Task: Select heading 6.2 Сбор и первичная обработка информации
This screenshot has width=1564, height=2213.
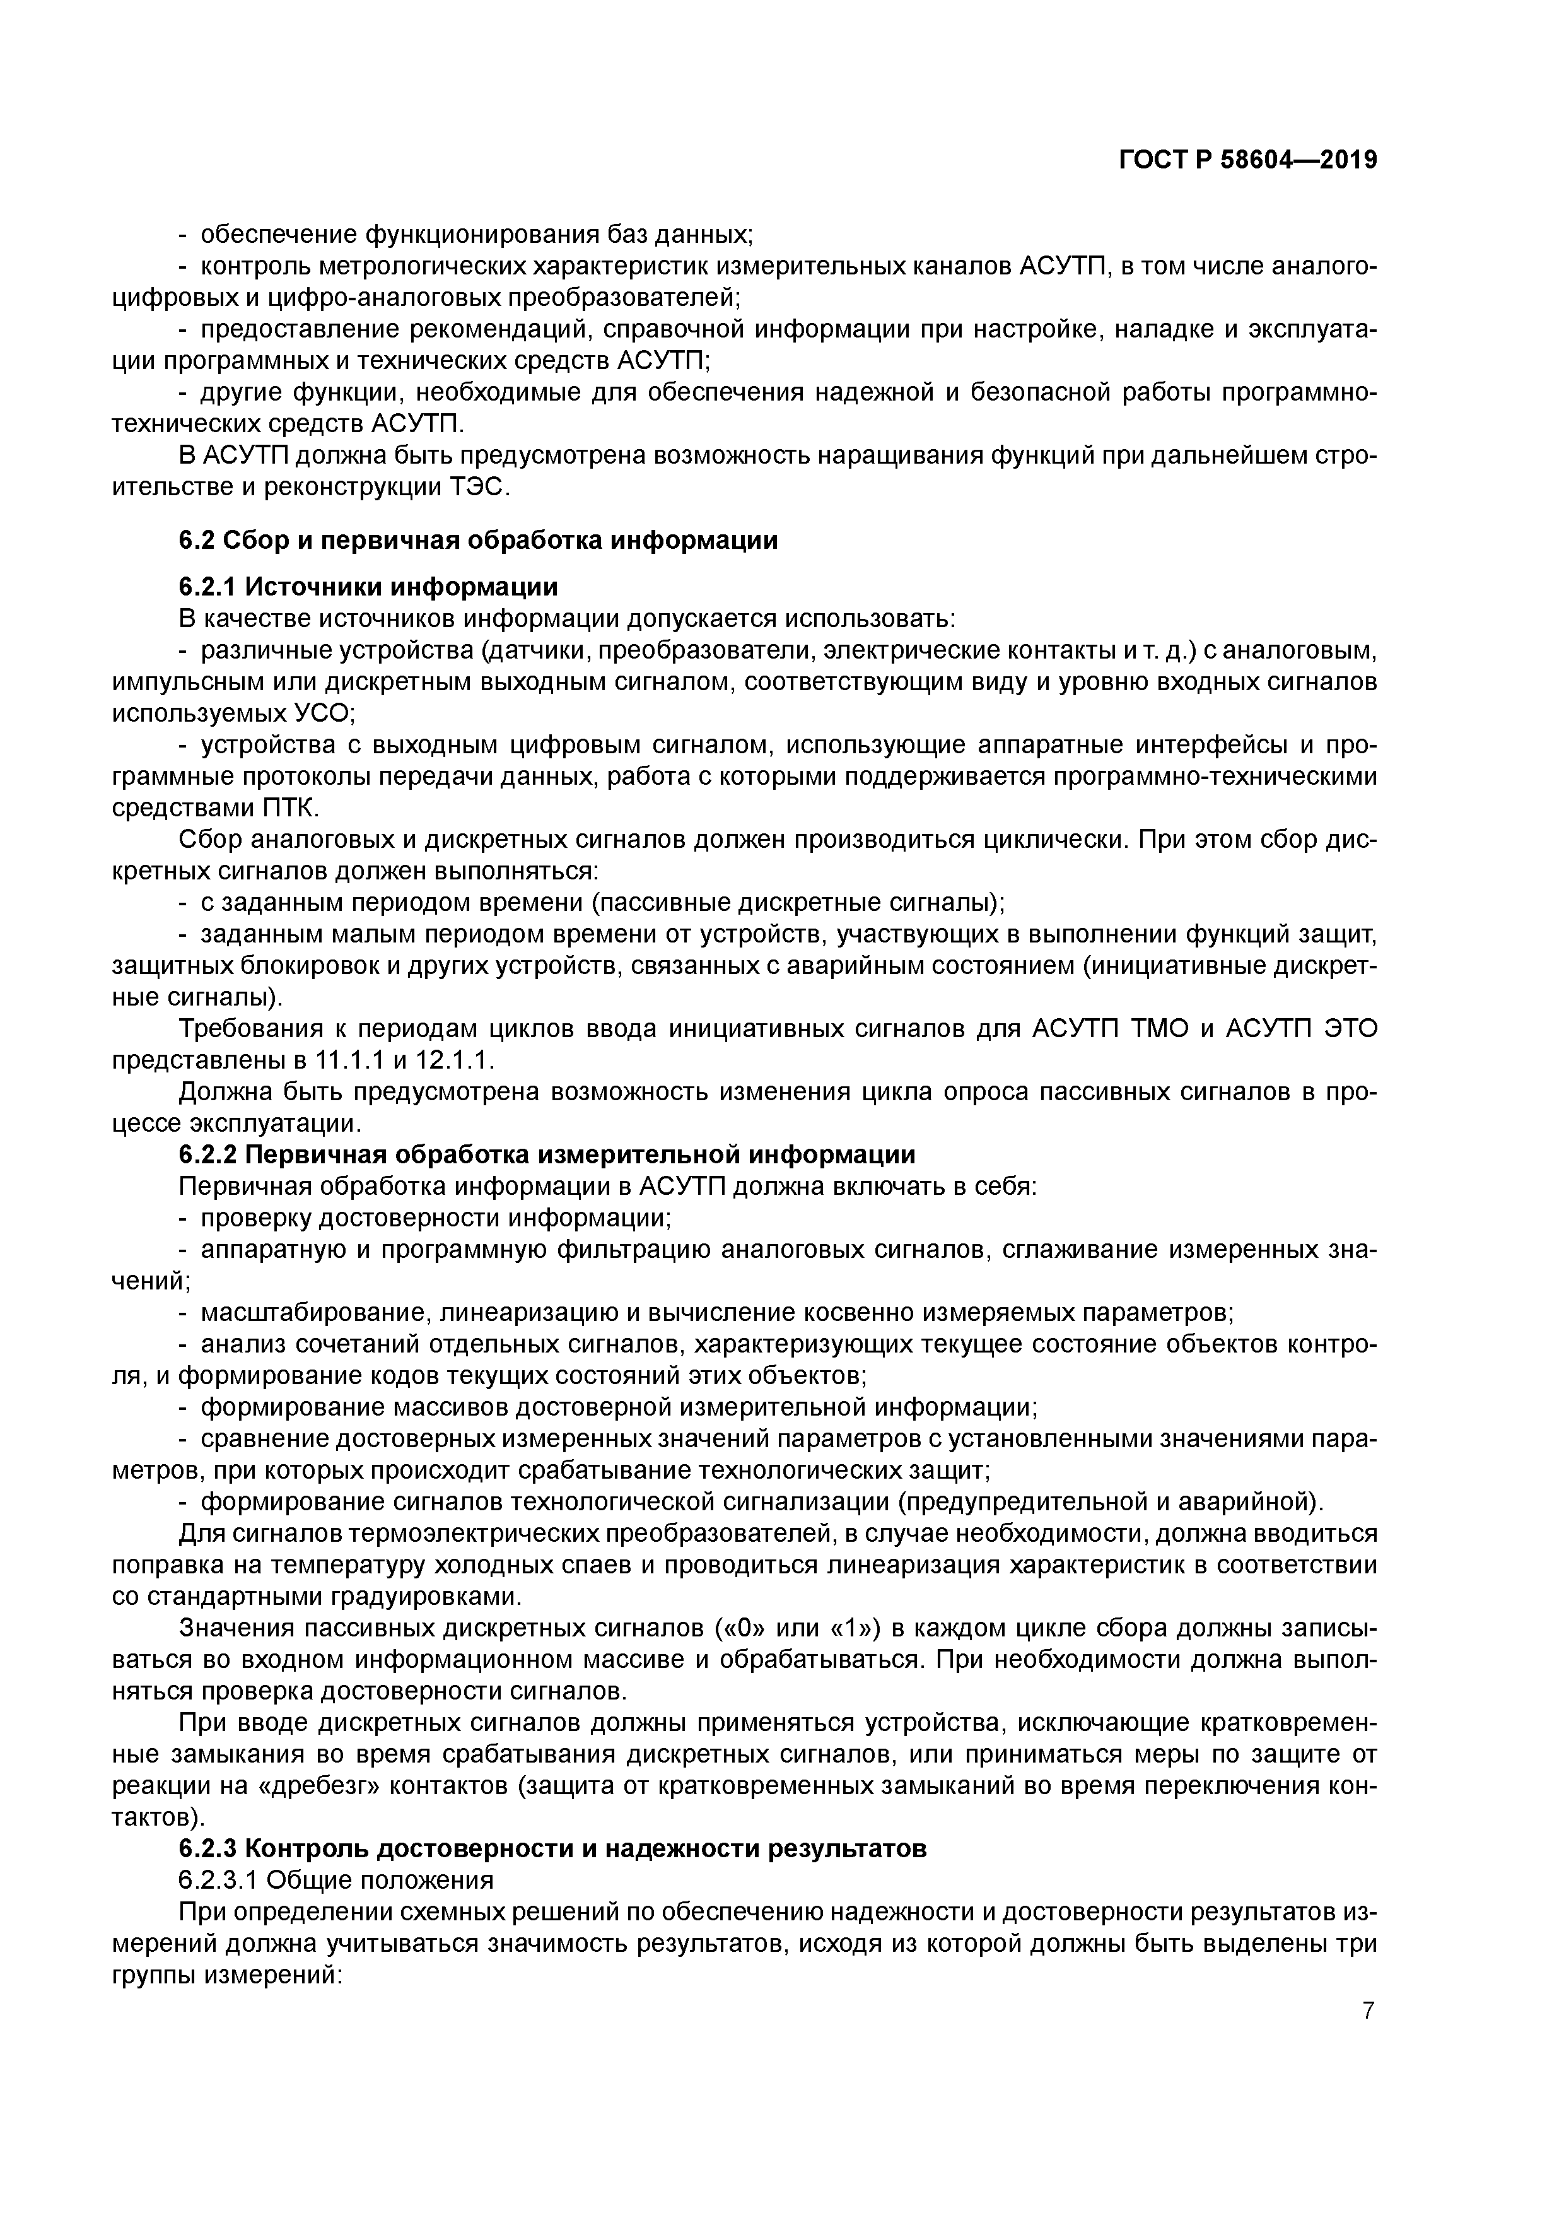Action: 478,540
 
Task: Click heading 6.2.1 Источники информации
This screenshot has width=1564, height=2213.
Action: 368,586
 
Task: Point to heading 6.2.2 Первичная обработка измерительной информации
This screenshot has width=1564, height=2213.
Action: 546,1154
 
